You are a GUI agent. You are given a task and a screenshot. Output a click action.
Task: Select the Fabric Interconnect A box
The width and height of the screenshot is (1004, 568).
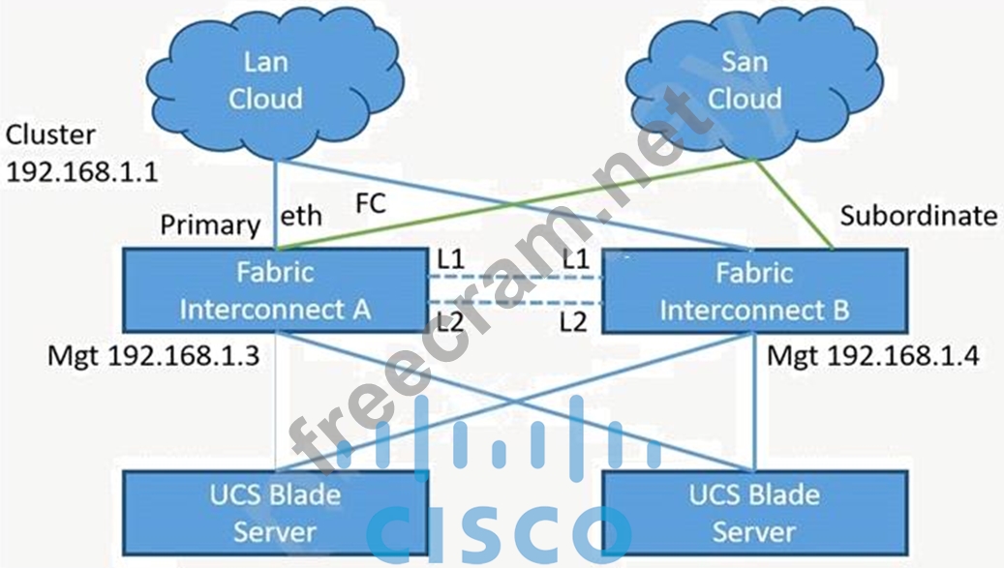[x=275, y=290]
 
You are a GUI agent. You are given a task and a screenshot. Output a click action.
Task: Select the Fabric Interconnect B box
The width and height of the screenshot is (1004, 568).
[x=755, y=290]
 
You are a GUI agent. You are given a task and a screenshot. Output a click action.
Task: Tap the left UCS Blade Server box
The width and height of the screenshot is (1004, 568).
[x=275, y=514]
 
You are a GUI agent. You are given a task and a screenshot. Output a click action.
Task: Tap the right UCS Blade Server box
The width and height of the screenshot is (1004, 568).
[x=755, y=514]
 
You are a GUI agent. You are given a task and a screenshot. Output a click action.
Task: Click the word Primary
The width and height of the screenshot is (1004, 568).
[x=210, y=224]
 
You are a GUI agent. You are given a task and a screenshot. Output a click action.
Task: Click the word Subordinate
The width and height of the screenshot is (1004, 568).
[x=918, y=216]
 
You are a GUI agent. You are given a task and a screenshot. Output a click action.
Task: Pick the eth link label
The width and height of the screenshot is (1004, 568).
[x=301, y=218]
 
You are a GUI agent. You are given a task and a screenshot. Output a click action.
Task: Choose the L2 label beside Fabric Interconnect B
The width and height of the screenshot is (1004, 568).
[x=574, y=321]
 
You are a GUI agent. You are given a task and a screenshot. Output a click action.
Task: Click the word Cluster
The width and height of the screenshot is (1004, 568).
[x=50, y=134]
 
